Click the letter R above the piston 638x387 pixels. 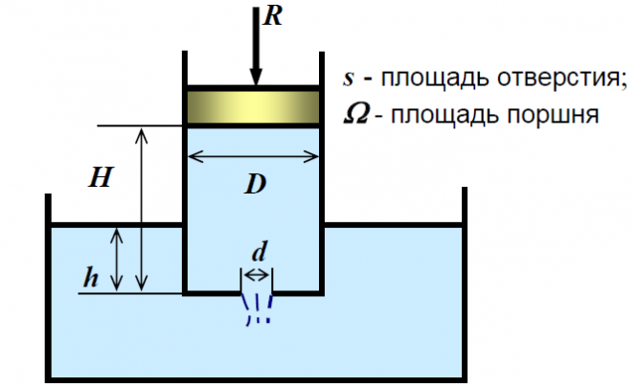click(273, 17)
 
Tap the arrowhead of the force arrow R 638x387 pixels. click(256, 76)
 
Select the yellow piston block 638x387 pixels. click(253, 107)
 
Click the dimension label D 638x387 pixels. click(255, 184)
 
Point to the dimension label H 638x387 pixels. click(100, 178)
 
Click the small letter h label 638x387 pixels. click(90, 277)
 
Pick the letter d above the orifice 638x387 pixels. click(260, 252)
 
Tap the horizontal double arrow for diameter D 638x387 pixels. click(253, 156)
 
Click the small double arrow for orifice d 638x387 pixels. click(257, 276)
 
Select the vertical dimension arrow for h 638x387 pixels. click(117, 260)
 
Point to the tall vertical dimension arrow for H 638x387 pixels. click(141, 209)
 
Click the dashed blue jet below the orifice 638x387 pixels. click(257, 309)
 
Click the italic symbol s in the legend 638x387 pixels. click(348, 79)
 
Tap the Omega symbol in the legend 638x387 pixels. click(356, 114)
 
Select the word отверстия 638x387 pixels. click(562, 78)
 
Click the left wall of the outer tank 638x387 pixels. click(48, 287)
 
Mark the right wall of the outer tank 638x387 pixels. click(465, 285)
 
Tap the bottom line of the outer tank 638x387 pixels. click(256, 380)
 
